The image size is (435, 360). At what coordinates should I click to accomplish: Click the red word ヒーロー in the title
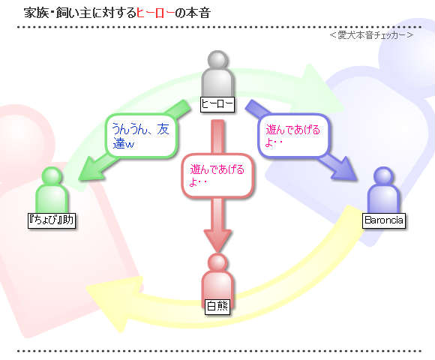pos(156,13)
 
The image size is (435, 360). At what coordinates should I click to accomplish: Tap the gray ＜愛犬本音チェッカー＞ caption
pos(371,35)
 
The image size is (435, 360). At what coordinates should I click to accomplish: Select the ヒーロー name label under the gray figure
pos(217,104)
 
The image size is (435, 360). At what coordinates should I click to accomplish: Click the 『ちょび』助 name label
pos(52,220)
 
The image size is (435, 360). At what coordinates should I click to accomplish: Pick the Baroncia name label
pos(384,220)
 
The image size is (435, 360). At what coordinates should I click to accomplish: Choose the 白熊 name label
pos(217,307)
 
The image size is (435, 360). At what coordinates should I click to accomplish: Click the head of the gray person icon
pos(218,60)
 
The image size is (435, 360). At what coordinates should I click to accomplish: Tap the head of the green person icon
pos(52,176)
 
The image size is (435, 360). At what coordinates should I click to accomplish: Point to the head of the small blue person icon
pos(383,175)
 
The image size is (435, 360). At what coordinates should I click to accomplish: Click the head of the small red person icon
pos(217,262)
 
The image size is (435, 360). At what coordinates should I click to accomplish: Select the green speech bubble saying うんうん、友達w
pos(142,136)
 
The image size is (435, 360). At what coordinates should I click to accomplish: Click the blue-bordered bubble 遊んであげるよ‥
pos(294,135)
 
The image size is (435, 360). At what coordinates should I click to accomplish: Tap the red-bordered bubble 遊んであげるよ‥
pos(217,175)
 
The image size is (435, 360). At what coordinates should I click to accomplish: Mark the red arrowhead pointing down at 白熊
pos(217,241)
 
